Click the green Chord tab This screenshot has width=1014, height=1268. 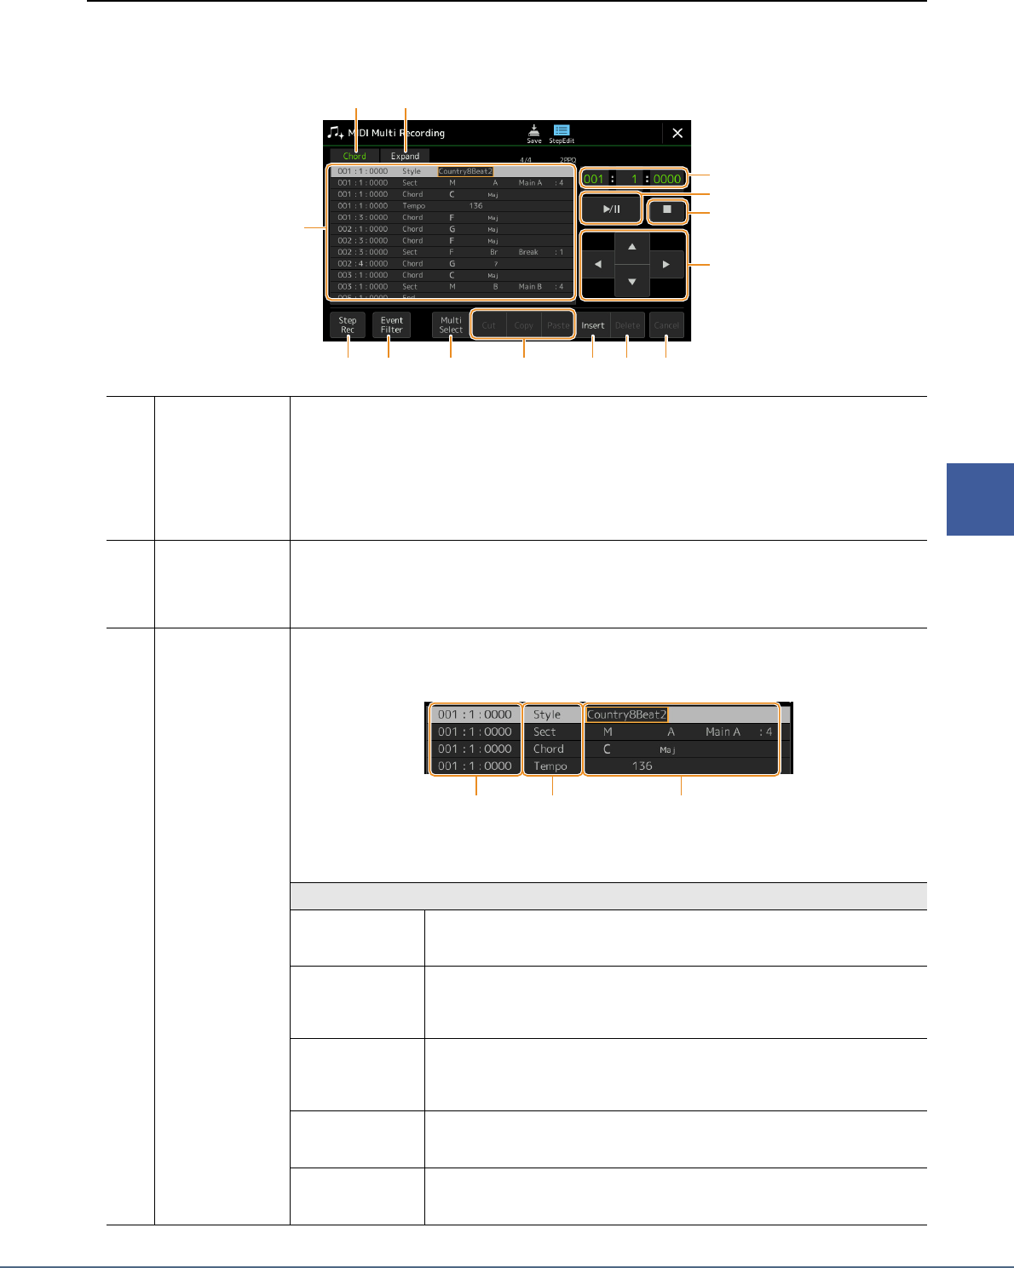pyautogui.click(x=354, y=156)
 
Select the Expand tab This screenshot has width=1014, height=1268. pyautogui.click(x=405, y=156)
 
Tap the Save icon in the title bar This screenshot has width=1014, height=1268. pyautogui.click(x=533, y=134)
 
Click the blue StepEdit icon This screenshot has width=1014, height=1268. pyautogui.click(x=562, y=134)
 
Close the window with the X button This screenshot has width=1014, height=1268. pyautogui.click(x=677, y=133)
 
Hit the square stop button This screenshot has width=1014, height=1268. pyautogui.click(x=667, y=209)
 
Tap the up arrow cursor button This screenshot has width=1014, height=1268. pyautogui.click(x=631, y=247)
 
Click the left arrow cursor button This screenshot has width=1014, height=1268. pyautogui.click(x=597, y=265)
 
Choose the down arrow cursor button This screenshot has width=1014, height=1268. pyautogui.click(x=631, y=282)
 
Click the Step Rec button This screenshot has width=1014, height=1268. pyautogui.click(x=348, y=325)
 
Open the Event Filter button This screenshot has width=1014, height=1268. pyautogui.click(x=391, y=325)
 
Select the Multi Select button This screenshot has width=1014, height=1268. pyautogui.click(x=451, y=325)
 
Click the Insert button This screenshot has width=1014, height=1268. pyautogui.click(x=593, y=325)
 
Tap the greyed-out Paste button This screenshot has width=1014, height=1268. pyautogui.click(x=558, y=325)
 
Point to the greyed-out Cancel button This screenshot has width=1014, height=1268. pyautogui.click(x=666, y=325)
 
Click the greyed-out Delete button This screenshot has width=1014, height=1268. pyautogui.click(x=627, y=325)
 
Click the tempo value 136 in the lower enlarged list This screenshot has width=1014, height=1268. pyautogui.click(x=642, y=766)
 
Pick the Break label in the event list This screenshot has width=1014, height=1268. pyautogui.click(x=528, y=252)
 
